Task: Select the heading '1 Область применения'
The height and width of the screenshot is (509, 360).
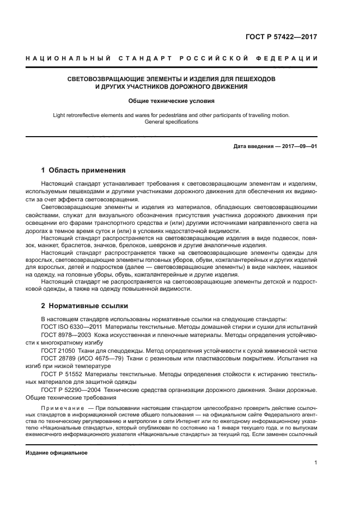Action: [x=84, y=170]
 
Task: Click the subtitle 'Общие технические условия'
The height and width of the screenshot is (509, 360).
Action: [x=171, y=101]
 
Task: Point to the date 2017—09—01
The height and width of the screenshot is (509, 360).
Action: [x=298, y=146]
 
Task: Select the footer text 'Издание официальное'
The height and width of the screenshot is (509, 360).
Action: [x=57, y=453]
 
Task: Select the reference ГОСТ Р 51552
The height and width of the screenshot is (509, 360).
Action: [x=62, y=375]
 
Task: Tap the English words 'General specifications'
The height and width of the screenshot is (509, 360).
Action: [x=171, y=122]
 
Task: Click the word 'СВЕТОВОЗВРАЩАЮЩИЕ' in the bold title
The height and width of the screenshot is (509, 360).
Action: [x=103, y=79]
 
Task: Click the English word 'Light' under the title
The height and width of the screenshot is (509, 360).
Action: [x=59, y=115]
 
